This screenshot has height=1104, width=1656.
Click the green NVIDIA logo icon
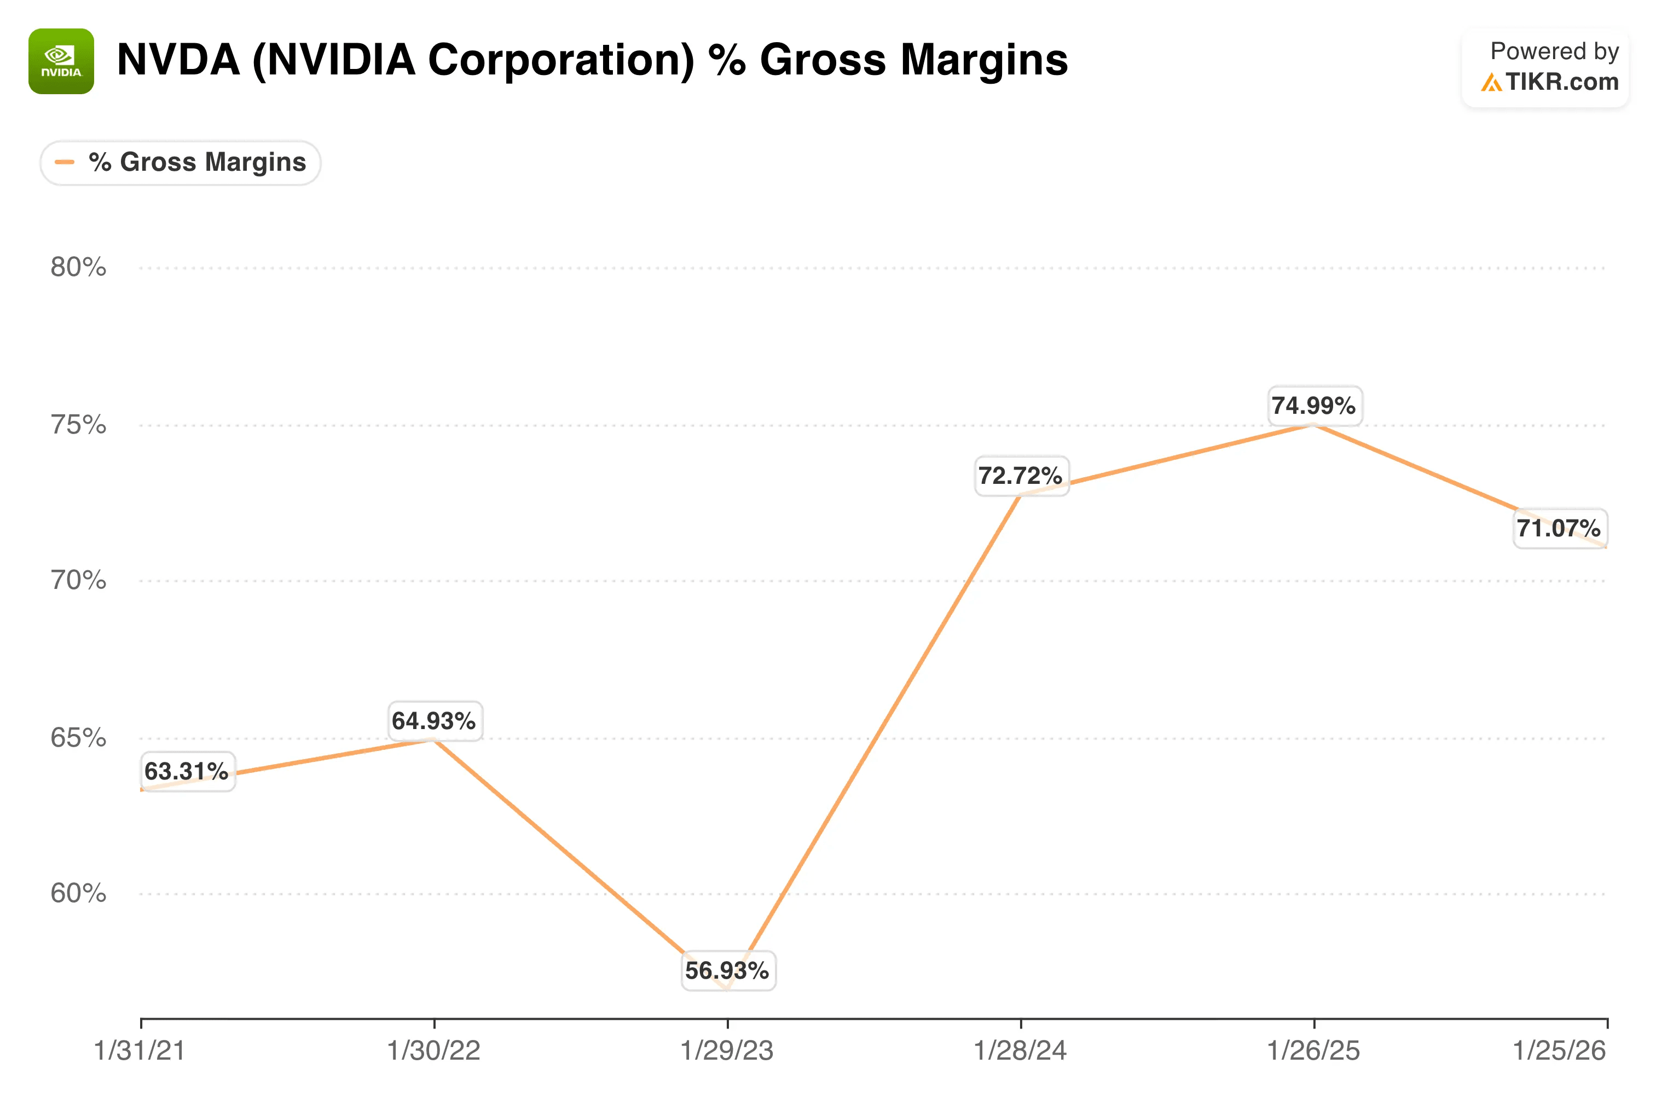pos(61,61)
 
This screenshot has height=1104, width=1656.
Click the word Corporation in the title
pos(561,60)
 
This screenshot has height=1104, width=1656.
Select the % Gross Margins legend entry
pos(180,163)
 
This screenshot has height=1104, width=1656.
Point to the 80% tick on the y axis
pos(78,268)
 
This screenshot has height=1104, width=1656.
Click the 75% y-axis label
pos(78,425)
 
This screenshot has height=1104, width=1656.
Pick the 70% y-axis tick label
pos(78,581)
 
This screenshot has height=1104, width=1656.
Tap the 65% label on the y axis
pos(78,738)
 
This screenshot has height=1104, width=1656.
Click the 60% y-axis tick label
pos(78,893)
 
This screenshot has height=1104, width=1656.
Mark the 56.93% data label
pos(728,971)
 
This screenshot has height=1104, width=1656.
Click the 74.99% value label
pos(1314,406)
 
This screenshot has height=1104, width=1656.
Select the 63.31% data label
pos(187,772)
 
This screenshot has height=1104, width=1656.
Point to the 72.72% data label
pos(1021,476)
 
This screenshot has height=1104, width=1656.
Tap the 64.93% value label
pos(434,721)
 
